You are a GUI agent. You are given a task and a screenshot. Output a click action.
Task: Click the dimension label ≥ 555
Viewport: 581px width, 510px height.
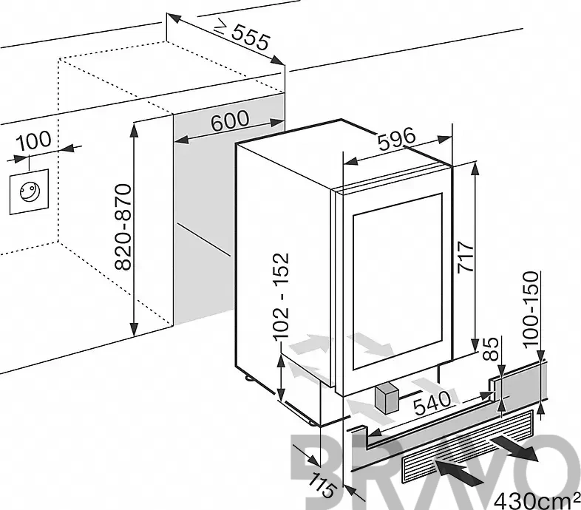(x=242, y=35)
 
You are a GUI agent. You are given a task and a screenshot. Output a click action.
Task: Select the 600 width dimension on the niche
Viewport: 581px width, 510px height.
(x=230, y=120)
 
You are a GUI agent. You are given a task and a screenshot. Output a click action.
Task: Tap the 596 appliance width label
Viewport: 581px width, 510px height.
(x=397, y=138)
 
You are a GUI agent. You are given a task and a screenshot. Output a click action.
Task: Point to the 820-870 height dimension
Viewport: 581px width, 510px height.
(x=123, y=227)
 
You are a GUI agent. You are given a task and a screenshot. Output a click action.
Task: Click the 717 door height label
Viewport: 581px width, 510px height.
(x=466, y=257)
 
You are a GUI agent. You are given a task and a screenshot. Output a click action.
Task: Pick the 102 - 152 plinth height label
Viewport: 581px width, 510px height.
(x=280, y=296)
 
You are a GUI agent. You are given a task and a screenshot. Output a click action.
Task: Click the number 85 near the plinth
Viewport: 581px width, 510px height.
(x=490, y=349)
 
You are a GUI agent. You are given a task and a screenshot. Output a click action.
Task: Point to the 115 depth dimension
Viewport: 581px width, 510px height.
(x=322, y=485)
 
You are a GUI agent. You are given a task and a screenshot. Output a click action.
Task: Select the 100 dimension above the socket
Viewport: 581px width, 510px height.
(x=34, y=141)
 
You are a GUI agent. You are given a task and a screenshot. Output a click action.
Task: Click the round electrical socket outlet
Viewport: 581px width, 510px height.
(x=30, y=192)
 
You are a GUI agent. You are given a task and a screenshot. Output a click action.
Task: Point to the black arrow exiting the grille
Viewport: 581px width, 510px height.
(x=514, y=448)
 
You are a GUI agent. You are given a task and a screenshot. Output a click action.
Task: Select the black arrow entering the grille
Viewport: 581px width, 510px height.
(x=459, y=472)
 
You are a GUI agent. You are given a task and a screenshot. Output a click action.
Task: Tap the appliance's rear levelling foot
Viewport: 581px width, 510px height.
(x=247, y=378)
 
